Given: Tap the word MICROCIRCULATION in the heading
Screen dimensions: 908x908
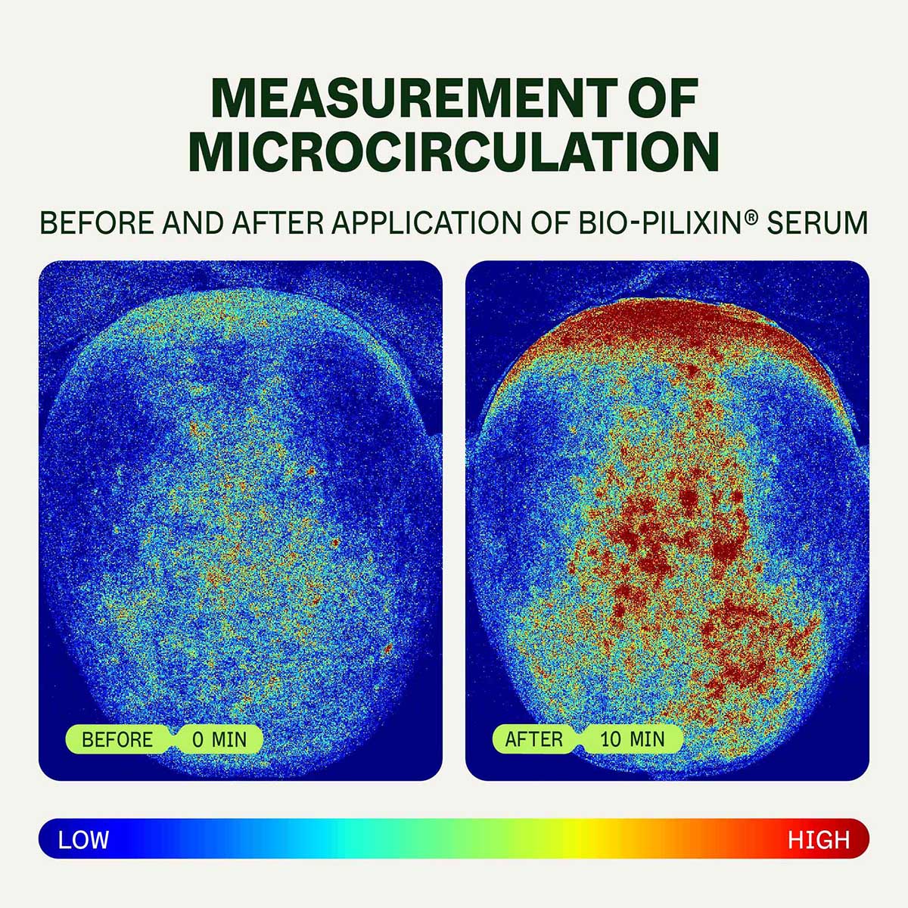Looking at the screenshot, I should [x=453, y=152].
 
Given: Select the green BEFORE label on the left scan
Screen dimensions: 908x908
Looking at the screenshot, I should [x=117, y=739].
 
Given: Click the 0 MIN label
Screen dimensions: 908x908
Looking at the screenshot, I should [x=219, y=739].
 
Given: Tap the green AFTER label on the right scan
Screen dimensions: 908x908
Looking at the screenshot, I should [x=534, y=739].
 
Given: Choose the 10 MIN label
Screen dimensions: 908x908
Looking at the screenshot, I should [x=633, y=739].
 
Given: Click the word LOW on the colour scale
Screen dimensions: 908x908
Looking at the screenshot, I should [x=83, y=839].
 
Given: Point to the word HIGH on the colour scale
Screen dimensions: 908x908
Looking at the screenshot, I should [x=819, y=839].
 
